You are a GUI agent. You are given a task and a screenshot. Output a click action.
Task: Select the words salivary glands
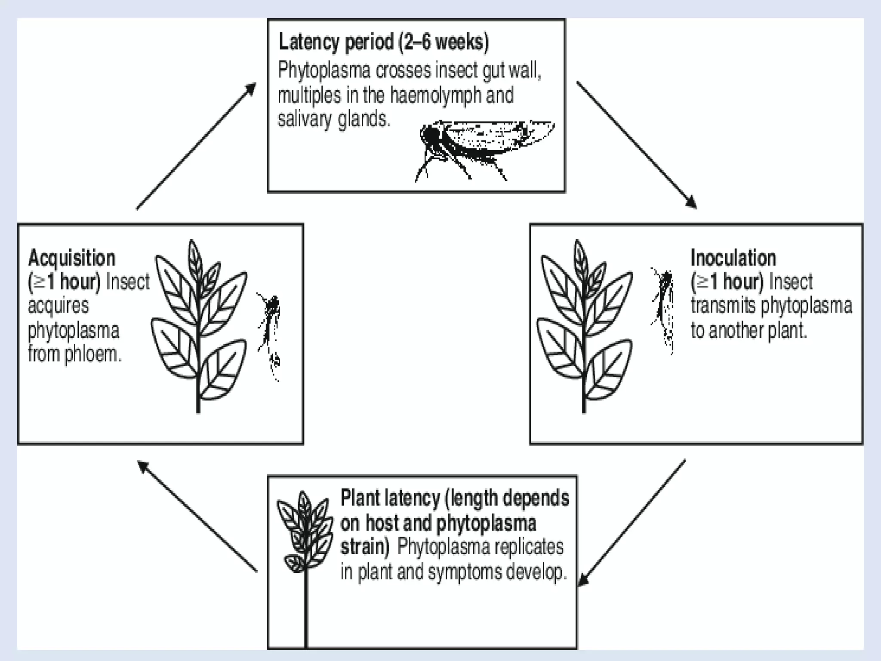tap(334, 119)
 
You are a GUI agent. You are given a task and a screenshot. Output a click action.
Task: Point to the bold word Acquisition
tap(72, 258)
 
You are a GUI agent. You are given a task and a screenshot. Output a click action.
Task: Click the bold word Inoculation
tap(733, 258)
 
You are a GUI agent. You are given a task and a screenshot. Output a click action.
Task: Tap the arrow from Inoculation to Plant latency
tap(631, 522)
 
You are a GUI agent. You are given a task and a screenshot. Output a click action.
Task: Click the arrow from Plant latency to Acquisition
tap(197, 516)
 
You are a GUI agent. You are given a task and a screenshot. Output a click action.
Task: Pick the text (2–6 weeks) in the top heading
tap(443, 42)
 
